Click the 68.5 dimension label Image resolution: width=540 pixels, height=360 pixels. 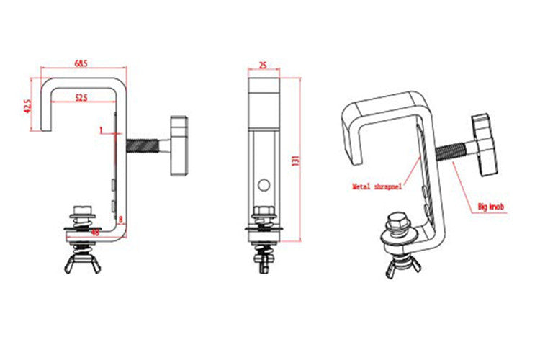click(x=81, y=64)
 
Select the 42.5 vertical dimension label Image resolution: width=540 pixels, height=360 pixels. click(x=27, y=106)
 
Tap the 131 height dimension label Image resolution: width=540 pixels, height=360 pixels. click(x=294, y=160)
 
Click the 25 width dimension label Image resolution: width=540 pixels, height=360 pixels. click(x=263, y=65)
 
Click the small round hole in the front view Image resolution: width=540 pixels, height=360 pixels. click(x=263, y=185)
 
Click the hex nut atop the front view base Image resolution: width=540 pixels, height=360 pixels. click(x=263, y=214)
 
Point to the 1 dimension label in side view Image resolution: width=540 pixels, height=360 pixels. click(x=102, y=130)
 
